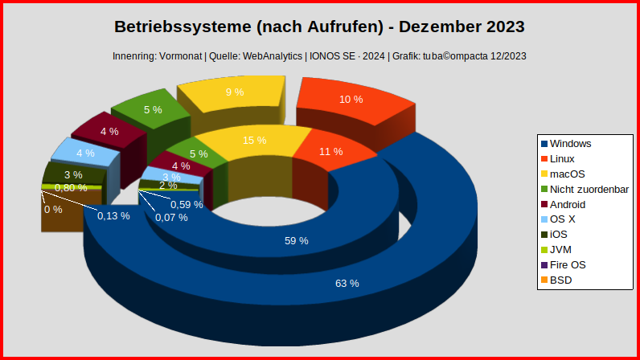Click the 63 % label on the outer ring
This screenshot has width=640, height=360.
(x=347, y=283)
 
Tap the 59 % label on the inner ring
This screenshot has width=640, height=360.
(x=297, y=240)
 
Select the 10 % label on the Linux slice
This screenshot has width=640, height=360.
(x=351, y=100)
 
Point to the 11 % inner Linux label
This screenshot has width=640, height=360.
(x=331, y=151)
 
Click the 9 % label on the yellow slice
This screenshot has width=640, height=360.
(x=235, y=92)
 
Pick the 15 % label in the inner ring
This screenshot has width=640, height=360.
(x=254, y=140)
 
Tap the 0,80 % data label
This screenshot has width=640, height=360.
(x=71, y=187)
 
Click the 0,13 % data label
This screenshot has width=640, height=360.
(x=113, y=215)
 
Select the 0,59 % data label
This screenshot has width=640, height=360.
(x=187, y=204)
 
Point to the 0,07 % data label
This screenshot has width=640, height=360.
(x=172, y=218)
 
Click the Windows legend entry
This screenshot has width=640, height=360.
(x=571, y=144)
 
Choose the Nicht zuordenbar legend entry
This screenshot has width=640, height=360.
(x=589, y=189)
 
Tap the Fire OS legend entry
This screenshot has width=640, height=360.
(x=568, y=265)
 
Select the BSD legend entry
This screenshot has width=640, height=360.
(x=561, y=280)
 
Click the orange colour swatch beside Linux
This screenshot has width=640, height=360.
(x=544, y=159)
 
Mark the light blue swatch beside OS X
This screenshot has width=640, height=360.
(x=544, y=219)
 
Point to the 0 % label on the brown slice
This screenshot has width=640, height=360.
(x=53, y=210)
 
